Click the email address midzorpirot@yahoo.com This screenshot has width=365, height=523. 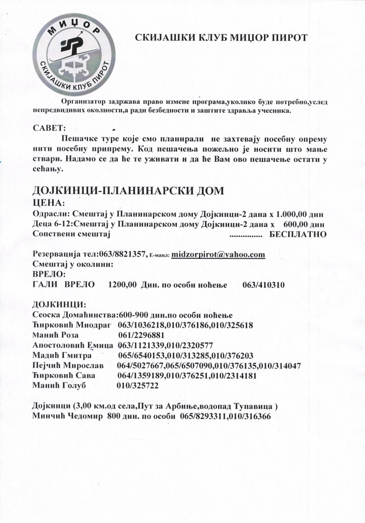(218, 255)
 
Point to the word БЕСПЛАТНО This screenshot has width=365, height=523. (298, 235)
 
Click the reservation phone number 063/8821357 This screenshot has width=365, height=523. (124, 255)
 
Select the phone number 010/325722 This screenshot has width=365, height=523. (138, 385)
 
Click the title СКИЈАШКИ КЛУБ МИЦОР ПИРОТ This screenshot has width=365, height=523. (221, 38)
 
